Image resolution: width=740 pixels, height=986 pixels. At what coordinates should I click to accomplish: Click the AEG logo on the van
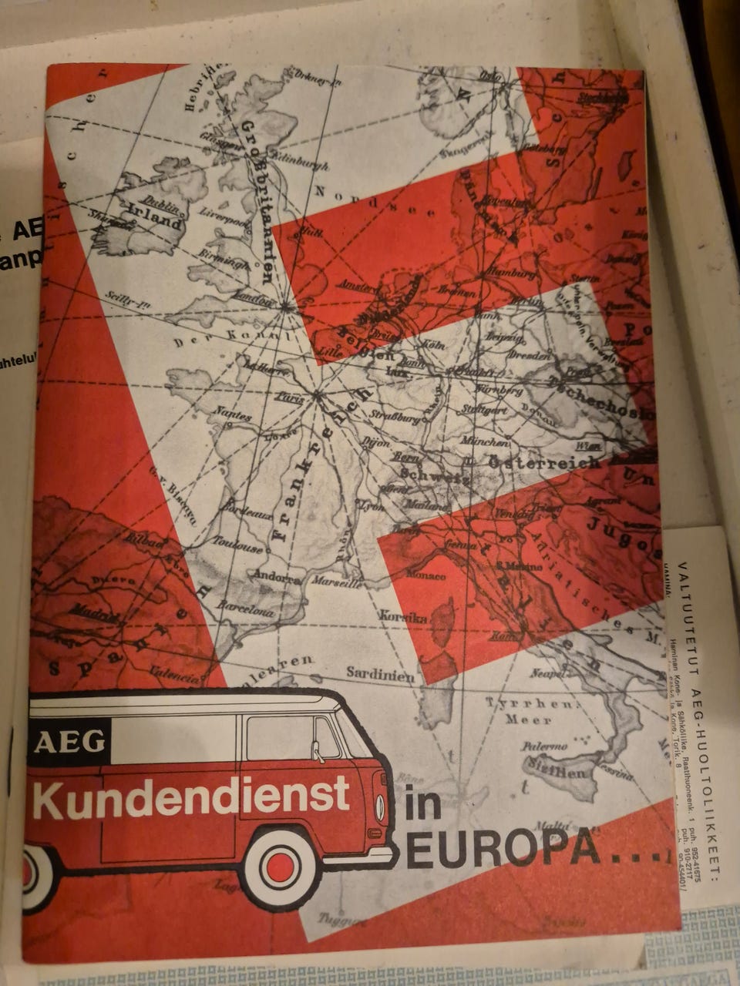(x=69, y=742)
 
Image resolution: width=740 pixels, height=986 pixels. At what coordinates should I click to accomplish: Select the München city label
(x=484, y=443)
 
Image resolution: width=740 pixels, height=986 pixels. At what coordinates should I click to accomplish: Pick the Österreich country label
(x=545, y=463)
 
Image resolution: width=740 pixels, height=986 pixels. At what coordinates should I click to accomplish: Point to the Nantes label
(x=235, y=415)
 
